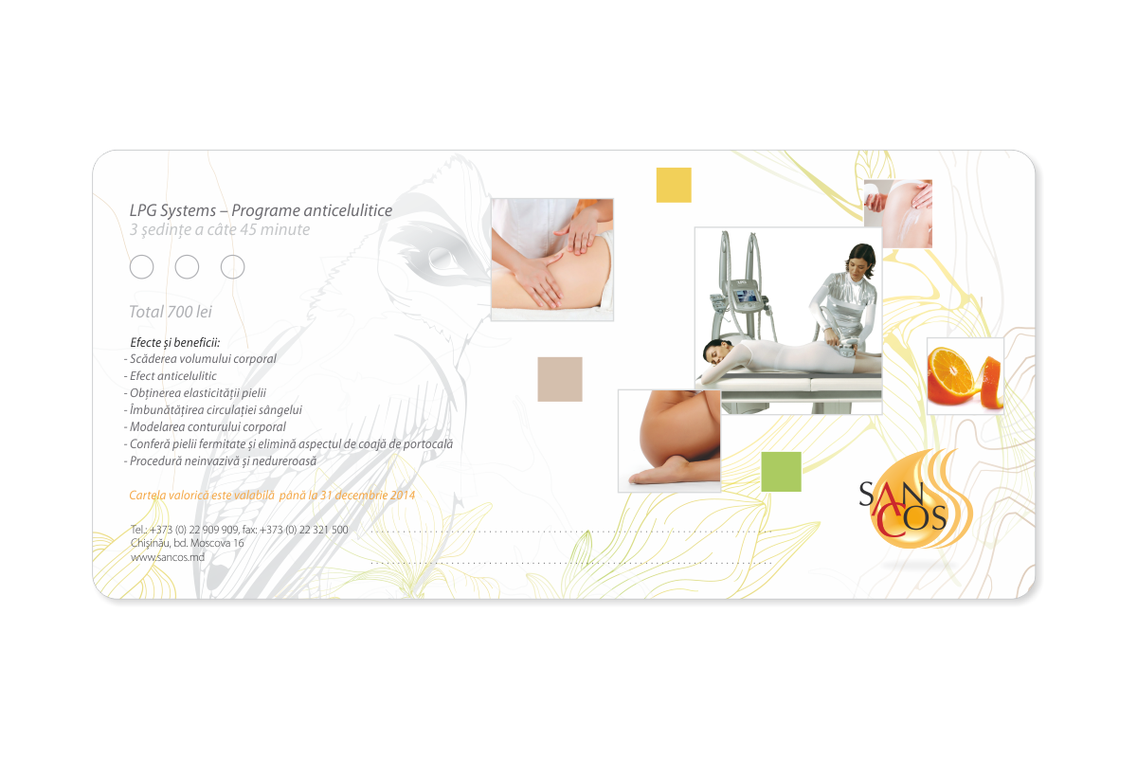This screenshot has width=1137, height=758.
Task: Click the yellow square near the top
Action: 674,185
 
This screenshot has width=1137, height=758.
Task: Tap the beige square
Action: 560,379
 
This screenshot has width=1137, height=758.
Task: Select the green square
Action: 781,471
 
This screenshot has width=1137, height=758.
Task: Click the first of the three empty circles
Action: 141,267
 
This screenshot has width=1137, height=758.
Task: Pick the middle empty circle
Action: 187,267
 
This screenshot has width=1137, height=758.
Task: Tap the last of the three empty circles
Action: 232,267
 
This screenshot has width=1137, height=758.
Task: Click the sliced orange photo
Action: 965,375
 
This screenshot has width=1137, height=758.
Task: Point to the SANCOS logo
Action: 904,503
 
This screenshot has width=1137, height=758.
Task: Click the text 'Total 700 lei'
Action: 171,311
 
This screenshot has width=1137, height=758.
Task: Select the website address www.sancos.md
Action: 168,557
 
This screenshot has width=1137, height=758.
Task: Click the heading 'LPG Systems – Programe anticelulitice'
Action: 261,210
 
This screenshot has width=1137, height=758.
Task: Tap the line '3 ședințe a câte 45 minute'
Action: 220,229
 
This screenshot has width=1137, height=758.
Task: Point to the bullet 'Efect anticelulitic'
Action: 172,376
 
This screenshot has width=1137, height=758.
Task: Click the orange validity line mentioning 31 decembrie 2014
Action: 272,495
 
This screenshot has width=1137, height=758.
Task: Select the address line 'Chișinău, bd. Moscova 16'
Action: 188,543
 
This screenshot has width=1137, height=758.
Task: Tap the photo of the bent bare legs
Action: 668,441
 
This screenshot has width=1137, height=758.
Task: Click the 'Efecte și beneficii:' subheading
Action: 174,341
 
